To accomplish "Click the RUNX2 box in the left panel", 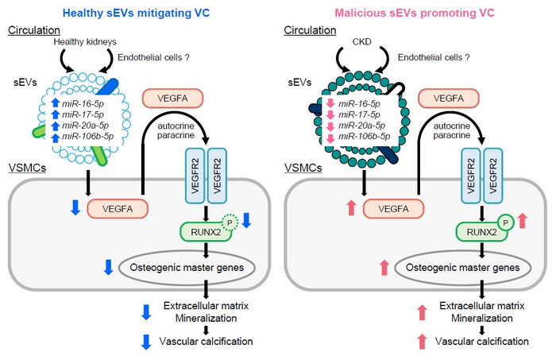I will tap(203, 232).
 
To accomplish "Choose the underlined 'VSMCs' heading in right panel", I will tap(305, 171).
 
